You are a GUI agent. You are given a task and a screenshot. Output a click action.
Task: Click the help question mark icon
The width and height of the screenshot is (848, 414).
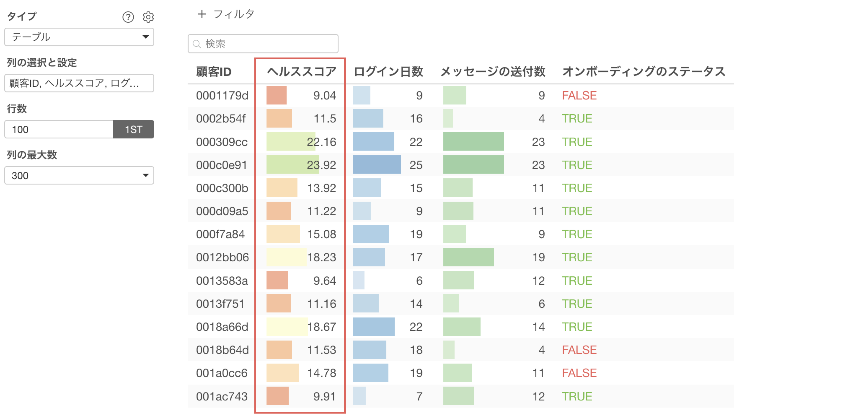(x=128, y=17)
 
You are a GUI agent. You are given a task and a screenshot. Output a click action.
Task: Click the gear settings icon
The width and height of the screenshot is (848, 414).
(x=148, y=17)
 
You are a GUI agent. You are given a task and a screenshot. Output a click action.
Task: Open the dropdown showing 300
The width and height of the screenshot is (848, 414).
(x=79, y=175)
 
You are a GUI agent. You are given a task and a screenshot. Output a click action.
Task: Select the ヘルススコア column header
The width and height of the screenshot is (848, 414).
(x=301, y=71)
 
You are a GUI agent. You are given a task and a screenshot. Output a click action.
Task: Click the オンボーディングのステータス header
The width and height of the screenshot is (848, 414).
(x=644, y=71)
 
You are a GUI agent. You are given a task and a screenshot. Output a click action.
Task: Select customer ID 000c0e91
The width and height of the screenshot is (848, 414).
(x=221, y=165)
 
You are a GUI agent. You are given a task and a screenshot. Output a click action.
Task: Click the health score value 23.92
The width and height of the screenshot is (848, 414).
(x=321, y=165)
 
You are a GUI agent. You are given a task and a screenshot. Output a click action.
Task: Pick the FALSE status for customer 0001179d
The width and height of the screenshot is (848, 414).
(x=579, y=95)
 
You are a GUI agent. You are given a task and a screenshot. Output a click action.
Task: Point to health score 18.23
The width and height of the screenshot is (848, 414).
(x=321, y=257)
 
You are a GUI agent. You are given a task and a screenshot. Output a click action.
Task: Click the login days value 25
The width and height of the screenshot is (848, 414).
(x=416, y=165)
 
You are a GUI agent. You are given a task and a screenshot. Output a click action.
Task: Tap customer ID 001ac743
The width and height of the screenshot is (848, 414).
(x=221, y=396)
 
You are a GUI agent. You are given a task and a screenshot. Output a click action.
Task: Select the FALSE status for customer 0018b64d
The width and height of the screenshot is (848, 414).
(x=579, y=350)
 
